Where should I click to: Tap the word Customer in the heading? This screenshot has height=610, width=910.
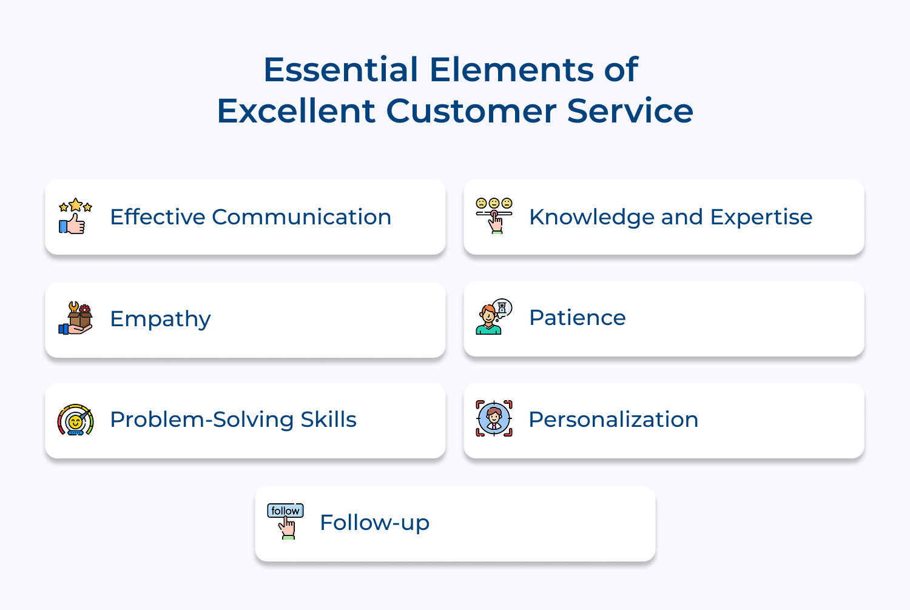tap(471, 111)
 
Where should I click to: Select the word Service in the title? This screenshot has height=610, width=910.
tap(630, 111)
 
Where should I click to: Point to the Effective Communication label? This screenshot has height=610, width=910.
tap(251, 217)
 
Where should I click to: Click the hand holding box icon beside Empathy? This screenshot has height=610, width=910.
tap(75, 318)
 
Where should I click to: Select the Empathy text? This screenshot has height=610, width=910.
tap(160, 319)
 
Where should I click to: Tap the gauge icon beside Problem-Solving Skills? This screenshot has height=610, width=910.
tap(75, 420)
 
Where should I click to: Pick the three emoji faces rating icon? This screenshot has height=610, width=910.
tap(494, 215)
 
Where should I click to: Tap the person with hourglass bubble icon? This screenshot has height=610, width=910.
tap(494, 317)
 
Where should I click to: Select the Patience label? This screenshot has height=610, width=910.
tap(577, 318)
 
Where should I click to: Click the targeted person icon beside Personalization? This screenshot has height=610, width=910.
tap(494, 418)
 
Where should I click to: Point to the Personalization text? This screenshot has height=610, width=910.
tap(613, 420)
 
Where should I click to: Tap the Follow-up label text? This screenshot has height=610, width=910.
tap(374, 523)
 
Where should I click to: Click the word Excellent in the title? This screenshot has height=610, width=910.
tap(296, 111)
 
